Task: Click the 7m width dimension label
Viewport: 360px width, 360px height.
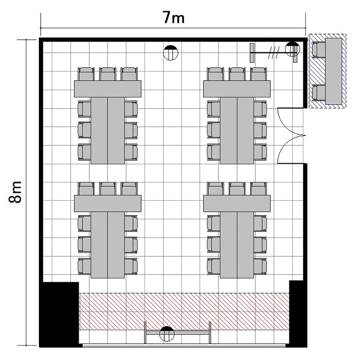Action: click(174, 17)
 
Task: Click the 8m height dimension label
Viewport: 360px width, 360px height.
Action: click(15, 192)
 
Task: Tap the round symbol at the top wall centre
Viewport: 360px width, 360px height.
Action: click(170, 53)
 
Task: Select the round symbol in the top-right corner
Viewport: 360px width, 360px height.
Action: click(292, 49)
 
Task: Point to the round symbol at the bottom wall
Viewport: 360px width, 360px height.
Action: click(167, 334)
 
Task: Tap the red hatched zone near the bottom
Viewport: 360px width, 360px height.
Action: click(184, 312)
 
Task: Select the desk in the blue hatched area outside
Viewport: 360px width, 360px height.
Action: click(334, 71)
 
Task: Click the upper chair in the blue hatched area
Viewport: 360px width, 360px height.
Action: click(319, 49)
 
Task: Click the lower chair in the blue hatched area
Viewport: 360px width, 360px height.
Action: click(319, 93)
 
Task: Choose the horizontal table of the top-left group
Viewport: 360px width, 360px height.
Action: click(108, 89)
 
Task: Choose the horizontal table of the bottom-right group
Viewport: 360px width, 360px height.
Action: click(237, 204)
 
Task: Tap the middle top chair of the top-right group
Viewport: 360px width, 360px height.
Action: click(237, 74)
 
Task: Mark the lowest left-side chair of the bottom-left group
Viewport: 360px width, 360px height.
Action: click(84, 266)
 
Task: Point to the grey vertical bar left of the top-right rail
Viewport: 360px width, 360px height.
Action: click(252, 53)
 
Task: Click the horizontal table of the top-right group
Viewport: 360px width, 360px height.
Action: click(237, 89)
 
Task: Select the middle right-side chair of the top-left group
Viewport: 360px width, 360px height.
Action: click(131, 130)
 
